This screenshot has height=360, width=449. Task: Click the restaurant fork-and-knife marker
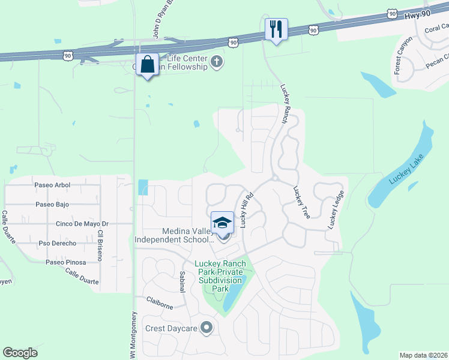(x=276, y=29)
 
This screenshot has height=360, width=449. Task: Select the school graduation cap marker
(x=222, y=222)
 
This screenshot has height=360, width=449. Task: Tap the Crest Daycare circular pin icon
(x=207, y=328)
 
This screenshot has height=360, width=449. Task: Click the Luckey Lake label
(x=406, y=169)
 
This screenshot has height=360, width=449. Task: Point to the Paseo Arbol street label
(x=52, y=185)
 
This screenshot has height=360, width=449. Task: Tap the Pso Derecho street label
(x=58, y=244)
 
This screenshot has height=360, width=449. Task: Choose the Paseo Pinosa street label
(x=66, y=263)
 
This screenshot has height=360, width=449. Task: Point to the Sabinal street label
(x=182, y=281)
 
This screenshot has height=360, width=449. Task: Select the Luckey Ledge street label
(x=336, y=209)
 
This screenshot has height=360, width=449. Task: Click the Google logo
(x=20, y=353)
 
